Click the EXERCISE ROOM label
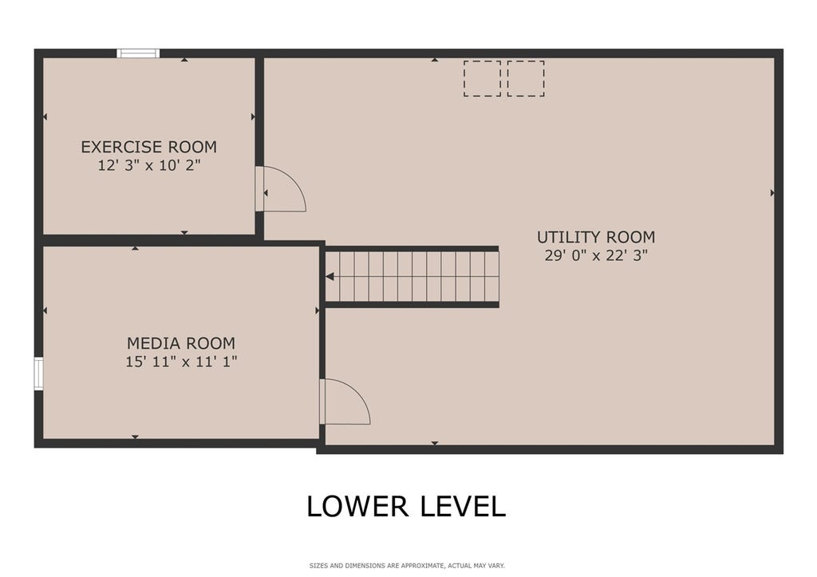(x=148, y=147)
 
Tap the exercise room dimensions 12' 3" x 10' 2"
(x=149, y=165)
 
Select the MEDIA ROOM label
(x=181, y=343)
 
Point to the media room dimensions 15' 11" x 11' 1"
(x=181, y=362)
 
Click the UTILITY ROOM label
(x=596, y=237)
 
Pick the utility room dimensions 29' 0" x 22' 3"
(x=596, y=255)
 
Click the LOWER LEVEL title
(x=406, y=506)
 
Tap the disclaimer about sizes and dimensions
(x=407, y=566)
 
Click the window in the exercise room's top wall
(x=138, y=53)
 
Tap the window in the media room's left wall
(x=38, y=373)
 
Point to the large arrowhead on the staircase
(x=330, y=276)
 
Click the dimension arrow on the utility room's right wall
(x=772, y=193)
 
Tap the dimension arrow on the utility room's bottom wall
(x=435, y=444)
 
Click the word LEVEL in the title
(x=463, y=506)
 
